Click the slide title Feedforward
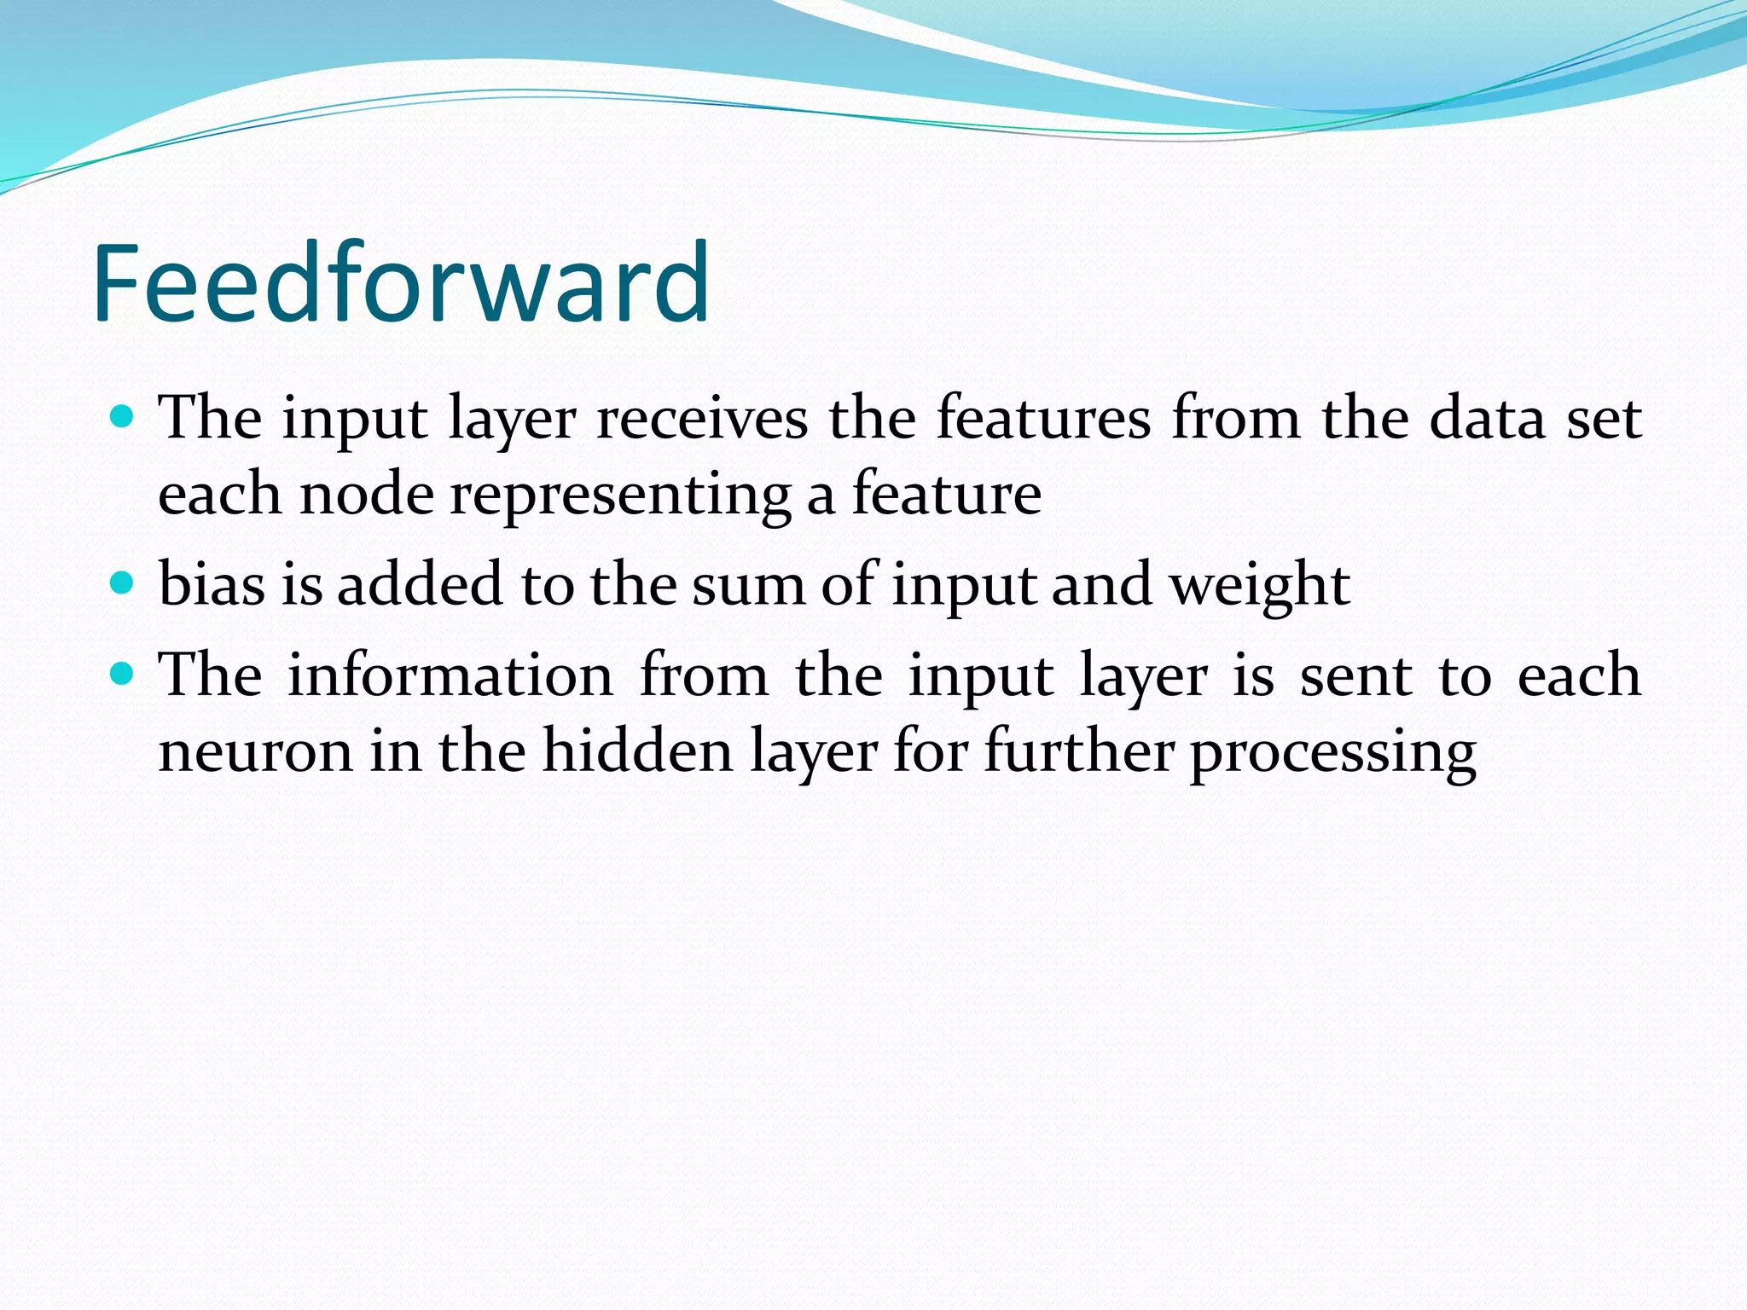coord(401,283)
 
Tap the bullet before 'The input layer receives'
coord(123,417)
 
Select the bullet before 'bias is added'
coord(123,583)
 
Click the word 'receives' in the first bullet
coord(701,419)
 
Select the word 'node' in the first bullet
coord(367,495)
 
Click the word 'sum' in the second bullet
coord(748,586)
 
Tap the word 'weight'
coord(1259,587)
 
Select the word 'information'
coord(450,675)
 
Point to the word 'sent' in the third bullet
coord(1356,676)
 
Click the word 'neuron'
coord(255,752)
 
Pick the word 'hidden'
coord(638,751)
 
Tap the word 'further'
coord(1079,751)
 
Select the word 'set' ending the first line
coord(1604,420)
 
